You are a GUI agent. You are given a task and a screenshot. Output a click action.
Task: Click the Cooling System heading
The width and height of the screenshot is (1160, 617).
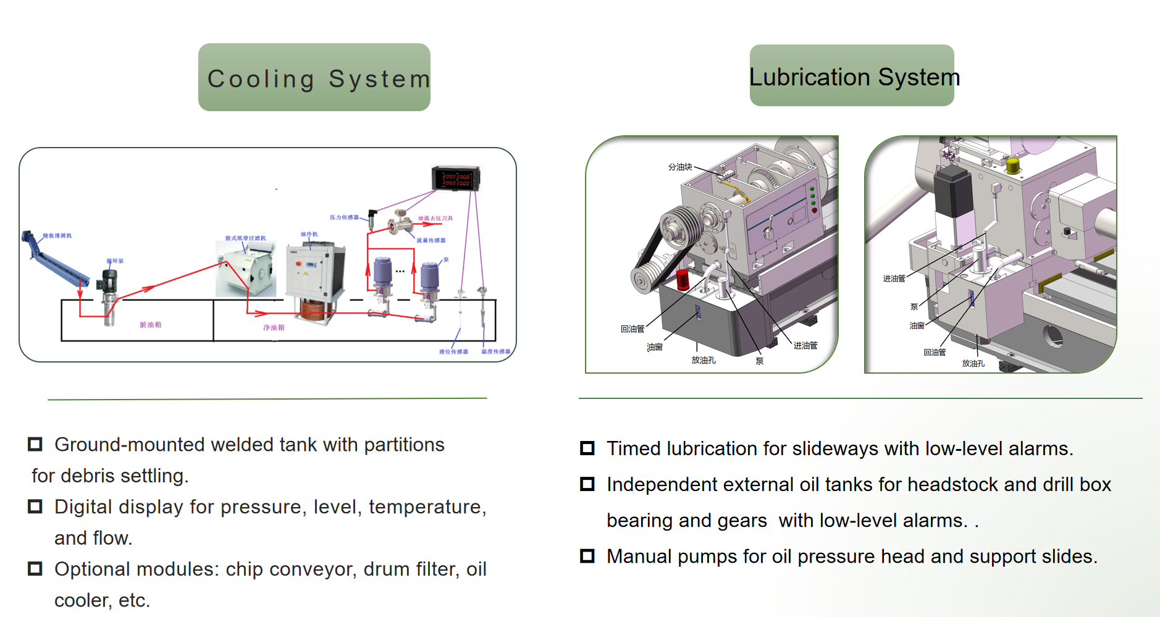point(314,78)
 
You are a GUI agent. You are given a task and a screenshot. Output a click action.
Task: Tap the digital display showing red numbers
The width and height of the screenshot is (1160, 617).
point(456,179)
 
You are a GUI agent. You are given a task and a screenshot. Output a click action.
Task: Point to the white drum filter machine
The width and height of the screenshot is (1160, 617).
point(246,269)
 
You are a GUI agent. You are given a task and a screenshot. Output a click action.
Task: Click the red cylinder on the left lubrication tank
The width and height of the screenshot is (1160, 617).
point(683,279)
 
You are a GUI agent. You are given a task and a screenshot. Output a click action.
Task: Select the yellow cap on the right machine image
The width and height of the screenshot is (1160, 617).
point(1012,166)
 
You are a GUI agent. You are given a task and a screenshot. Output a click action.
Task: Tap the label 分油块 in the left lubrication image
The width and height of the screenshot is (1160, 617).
point(680,167)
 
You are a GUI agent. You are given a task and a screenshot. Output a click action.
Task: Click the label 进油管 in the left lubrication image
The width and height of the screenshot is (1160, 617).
point(805,345)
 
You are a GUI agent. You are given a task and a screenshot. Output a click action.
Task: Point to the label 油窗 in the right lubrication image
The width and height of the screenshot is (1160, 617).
point(917,325)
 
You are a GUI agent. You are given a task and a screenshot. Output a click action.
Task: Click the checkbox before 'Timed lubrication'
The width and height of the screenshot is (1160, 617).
point(587,448)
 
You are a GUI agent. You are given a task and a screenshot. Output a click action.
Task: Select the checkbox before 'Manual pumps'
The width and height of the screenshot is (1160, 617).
point(587,556)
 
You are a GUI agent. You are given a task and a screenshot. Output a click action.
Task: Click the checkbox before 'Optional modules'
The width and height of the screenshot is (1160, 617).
point(35,568)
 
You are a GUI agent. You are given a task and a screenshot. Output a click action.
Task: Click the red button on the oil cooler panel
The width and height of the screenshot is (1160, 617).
point(299,264)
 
